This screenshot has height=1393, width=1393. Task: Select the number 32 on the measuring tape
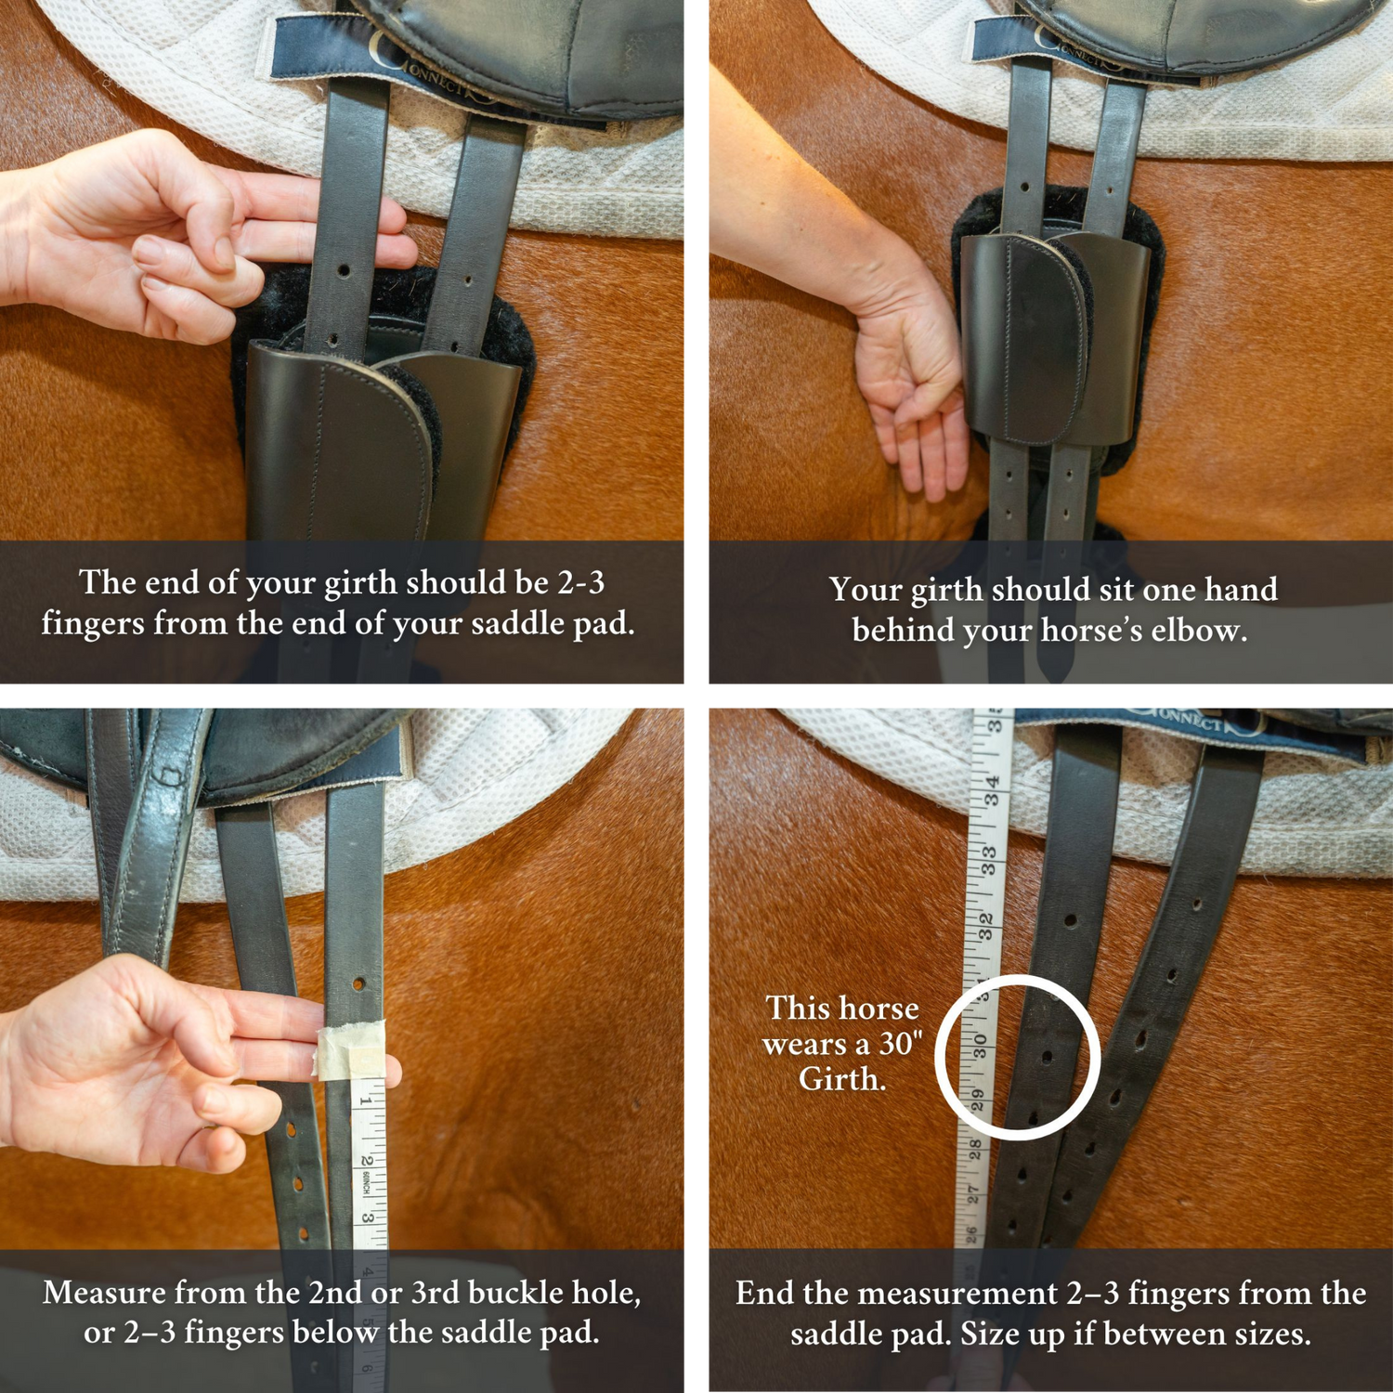point(985,925)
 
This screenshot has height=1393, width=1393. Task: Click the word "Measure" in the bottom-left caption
point(105,1293)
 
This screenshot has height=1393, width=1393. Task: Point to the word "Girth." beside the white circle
point(842,1079)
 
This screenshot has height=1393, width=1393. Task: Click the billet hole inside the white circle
point(1048,1057)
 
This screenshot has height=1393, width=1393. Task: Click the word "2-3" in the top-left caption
point(581,582)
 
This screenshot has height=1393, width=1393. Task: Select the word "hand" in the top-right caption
point(1241,590)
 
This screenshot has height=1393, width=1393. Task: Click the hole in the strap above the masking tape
point(358,983)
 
